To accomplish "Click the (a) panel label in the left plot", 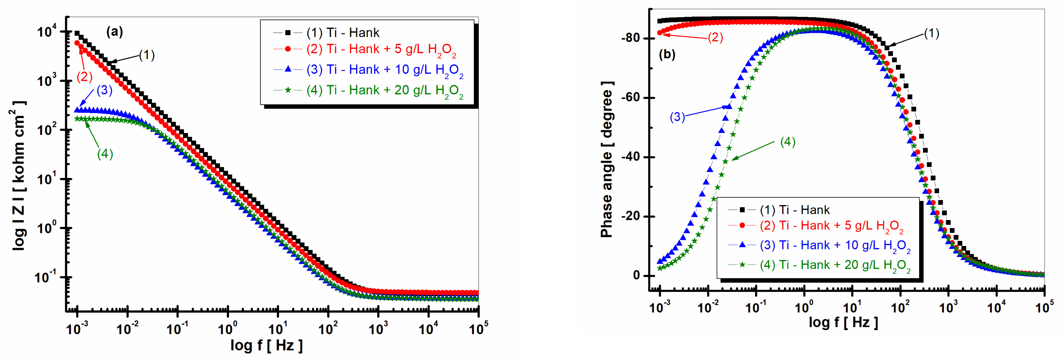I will (x=114, y=32).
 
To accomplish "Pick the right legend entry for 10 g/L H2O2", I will (x=835, y=246).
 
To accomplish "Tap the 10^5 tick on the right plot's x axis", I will (x=1044, y=307).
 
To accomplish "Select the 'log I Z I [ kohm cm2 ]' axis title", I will (x=18, y=175).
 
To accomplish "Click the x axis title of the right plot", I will (x=843, y=322).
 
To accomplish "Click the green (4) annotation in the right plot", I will (x=787, y=142).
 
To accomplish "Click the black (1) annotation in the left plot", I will (x=146, y=55).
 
